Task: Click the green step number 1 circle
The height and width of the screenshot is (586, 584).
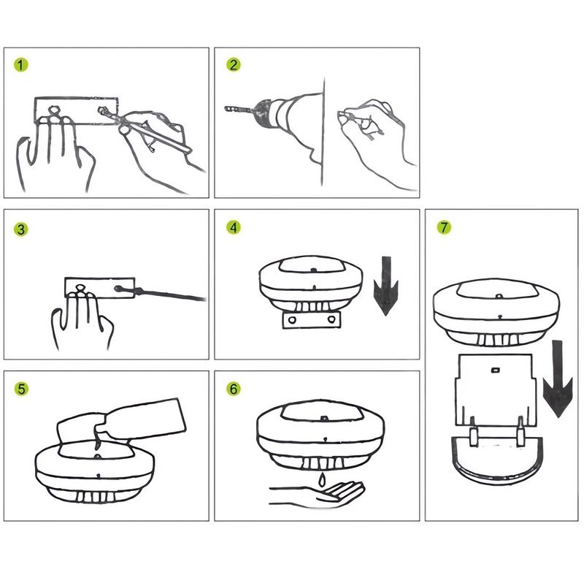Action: [21, 65]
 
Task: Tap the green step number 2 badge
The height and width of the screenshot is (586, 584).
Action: [234, 65]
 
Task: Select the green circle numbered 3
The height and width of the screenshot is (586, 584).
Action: [21, 229]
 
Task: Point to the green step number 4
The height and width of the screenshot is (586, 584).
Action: [234, 227]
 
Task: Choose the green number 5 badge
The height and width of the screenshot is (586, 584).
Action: [21, 389]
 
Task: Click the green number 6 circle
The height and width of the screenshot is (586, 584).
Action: [234, 389]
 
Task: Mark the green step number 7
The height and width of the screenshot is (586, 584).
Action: [444, 227]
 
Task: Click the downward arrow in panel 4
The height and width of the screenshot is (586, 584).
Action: [385, 286]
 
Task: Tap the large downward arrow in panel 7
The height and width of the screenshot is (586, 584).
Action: [557, 378]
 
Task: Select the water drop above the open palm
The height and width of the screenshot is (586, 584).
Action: [321, 479]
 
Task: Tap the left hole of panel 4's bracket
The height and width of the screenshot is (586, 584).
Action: [293, 320]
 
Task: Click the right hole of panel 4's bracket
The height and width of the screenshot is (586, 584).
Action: [331, 319]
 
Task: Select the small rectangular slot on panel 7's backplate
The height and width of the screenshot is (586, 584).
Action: [495, 370]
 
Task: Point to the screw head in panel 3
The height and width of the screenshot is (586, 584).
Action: [118, 289]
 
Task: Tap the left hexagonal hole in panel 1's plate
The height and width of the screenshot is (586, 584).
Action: [55, 110]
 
